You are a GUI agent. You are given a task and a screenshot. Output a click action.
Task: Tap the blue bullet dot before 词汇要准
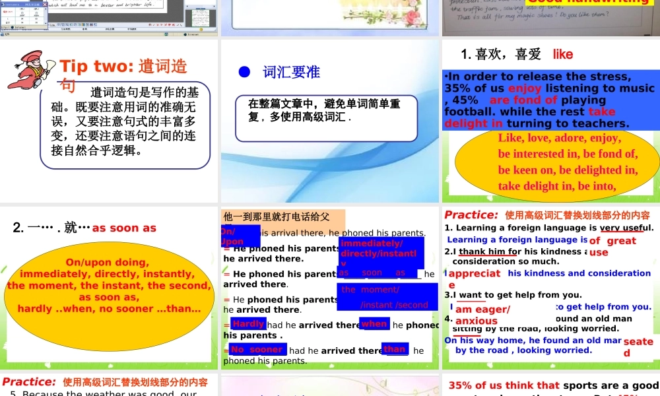[x=243, y=71]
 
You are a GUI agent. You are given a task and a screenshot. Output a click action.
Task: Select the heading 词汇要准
[x=291, y=72]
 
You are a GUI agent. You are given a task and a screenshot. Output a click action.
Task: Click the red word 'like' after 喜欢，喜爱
[x=563, y=54]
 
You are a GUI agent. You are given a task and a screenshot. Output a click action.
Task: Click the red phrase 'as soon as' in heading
[x=124, y=228]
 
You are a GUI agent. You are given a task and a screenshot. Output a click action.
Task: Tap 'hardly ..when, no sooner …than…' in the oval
[x=109, y=309]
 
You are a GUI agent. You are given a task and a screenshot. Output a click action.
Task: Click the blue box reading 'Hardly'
[x=248, y=324]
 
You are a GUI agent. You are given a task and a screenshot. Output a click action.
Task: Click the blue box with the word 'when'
[x=374, y=324]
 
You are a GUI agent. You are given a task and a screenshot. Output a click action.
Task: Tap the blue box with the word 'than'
[x=395, y=349]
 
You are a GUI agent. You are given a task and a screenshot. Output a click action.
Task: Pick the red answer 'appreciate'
[x=474, y=279]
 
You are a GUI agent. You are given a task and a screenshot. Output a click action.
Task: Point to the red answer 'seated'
[x=638, y=346]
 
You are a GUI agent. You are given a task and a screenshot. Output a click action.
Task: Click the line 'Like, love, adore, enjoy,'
[x=559, y=139]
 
